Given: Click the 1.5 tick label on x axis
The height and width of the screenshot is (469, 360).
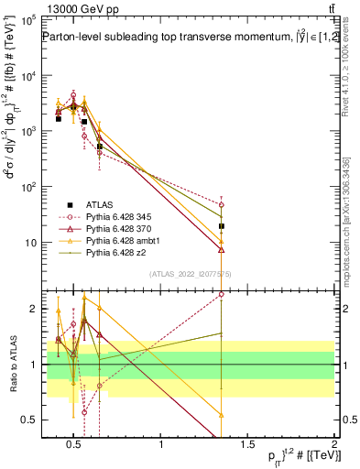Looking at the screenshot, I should (247, 445).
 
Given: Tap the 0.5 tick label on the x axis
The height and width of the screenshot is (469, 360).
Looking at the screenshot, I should (74, 445).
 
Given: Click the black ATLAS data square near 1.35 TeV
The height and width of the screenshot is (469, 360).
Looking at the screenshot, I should (222, 225).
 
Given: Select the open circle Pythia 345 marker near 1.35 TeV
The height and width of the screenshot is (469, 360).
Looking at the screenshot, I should (222, 205).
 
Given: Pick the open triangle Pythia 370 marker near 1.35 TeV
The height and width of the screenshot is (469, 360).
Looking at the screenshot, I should (222, 248).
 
